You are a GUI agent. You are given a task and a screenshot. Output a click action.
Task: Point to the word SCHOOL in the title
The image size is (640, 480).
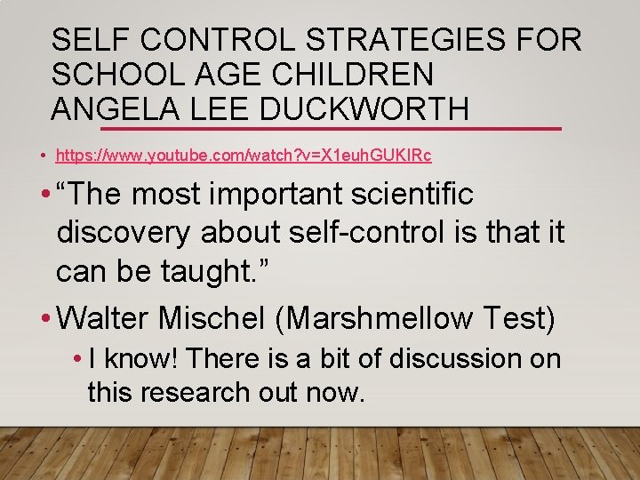(119, 74)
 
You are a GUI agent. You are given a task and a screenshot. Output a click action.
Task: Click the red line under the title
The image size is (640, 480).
(516, 129)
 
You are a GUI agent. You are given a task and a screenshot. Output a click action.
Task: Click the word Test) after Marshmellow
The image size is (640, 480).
(522, 317)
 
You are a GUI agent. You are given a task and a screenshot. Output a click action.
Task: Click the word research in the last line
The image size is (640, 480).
(204, 391)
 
